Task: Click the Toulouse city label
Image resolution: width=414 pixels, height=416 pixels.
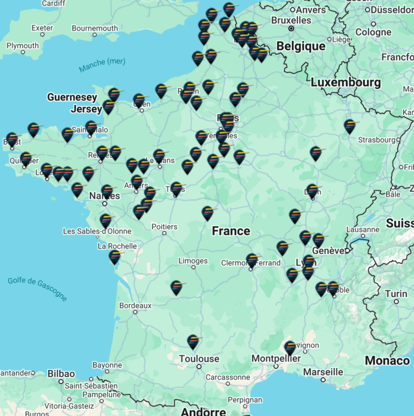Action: pyautogui.click(x=199, y=358)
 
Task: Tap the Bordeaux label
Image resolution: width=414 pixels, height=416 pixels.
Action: pyautogui.click(x=135, y=306)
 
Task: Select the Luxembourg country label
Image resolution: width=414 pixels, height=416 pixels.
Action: pyautogui.click(x=346, y=82)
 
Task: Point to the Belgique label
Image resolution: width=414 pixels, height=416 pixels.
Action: pyautogui.click(x=301, y=46)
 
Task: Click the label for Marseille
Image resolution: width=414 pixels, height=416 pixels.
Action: pyautogui.click(x=323, y=372)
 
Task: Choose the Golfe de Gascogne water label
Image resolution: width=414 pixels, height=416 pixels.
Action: pyautogui.click(x=37, y=289)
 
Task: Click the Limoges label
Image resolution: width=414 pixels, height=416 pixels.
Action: pyautogui.click(x=192, y=261)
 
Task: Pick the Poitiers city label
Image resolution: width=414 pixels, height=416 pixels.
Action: pyautogui.click(x=164, y=226)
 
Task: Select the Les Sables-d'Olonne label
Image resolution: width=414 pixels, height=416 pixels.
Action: pyautogui.click(x=97, y=231)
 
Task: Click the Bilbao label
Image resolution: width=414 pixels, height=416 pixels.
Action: pyautogui.click(x=61, y=374)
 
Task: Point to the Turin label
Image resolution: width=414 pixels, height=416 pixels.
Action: pyautogui.click(x=396, y=294)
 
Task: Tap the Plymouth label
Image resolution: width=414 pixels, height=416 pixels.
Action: pyautogui.click(x=22, y=45)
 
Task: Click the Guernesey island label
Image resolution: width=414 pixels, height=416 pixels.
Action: pyautogui.click(x=72, y=97)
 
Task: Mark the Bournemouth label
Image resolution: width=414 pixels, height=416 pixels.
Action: pyautogui.click(x=95, y=28)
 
